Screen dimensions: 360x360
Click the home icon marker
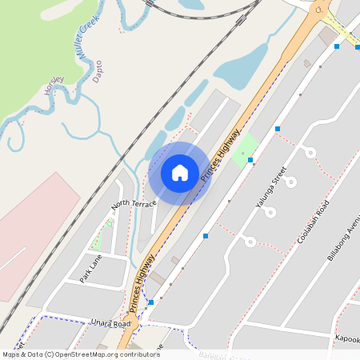180,172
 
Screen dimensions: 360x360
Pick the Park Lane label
90,270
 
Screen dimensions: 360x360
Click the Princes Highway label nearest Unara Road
142,290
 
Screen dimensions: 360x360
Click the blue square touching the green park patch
250,160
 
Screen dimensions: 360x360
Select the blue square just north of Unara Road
150,302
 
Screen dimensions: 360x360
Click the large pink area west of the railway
32,232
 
